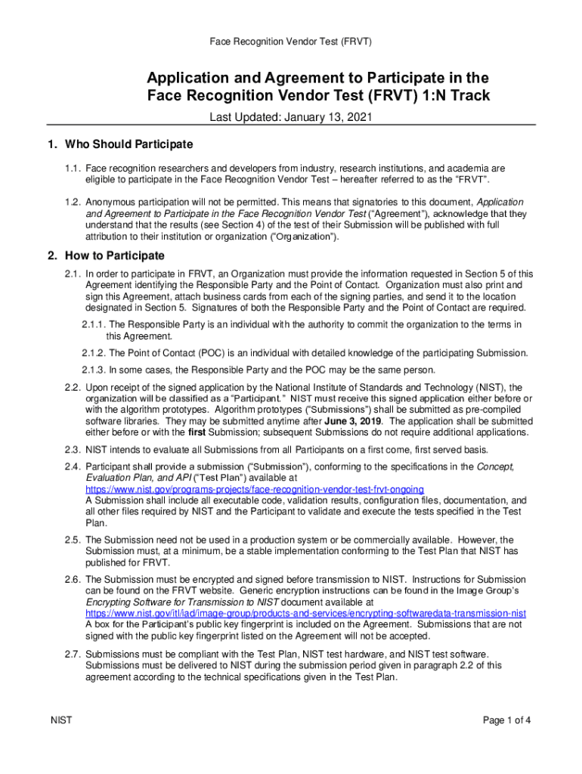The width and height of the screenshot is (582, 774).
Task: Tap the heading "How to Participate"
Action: pyautogui.click(x=115, y=255)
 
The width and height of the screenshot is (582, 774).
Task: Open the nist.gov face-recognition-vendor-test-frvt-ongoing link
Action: pyautogui.click(x=255, y=489)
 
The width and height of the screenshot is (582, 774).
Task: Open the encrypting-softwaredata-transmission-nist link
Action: pyautogui.click(x=305, y=613)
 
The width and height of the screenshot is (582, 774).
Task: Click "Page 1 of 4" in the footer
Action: pyautogui.click(x=507, y=720)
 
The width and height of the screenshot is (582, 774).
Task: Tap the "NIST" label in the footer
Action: pyautogui.click(x=61, y=720)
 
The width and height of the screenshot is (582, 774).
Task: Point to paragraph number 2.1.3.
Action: pyautogui.click(x=94, y=370)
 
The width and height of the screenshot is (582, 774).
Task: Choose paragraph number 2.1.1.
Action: pyautogui.click(x=94, y=325)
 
